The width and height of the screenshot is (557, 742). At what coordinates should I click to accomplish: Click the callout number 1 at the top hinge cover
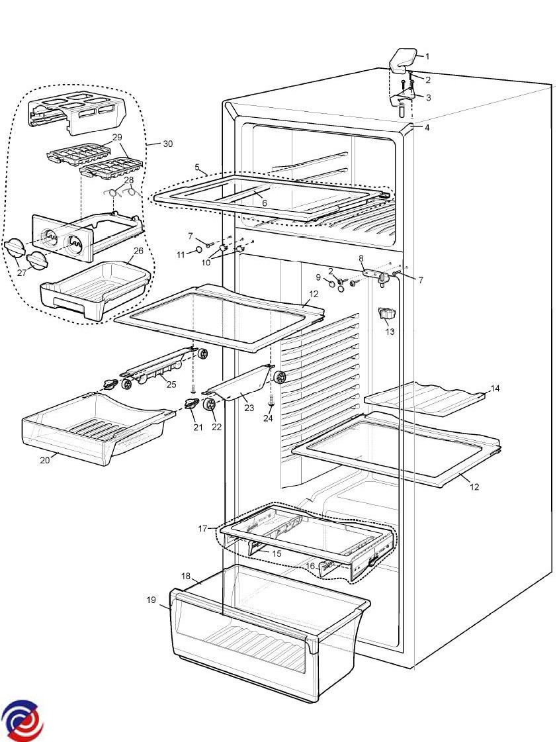pos(427,56)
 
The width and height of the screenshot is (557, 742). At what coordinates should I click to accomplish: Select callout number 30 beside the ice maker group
pos(168,144)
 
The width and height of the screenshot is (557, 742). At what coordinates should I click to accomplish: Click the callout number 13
pos(390,332)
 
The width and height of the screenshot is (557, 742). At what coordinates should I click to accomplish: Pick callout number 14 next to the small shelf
pos(495,388)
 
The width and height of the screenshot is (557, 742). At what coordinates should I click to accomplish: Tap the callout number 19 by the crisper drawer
pos(151,600)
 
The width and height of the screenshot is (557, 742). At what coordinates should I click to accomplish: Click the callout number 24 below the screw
pos(268,418)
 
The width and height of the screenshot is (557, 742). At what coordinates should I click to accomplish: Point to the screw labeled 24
pos(271,399)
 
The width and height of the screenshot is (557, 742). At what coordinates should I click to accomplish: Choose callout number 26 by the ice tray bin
pos(138,252)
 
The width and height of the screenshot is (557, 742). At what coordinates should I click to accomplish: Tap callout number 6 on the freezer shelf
pos(264,203)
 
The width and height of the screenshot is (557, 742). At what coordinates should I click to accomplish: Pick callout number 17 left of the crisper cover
pos(203,528)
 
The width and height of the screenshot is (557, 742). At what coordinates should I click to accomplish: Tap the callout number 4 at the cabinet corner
pos(427,127)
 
